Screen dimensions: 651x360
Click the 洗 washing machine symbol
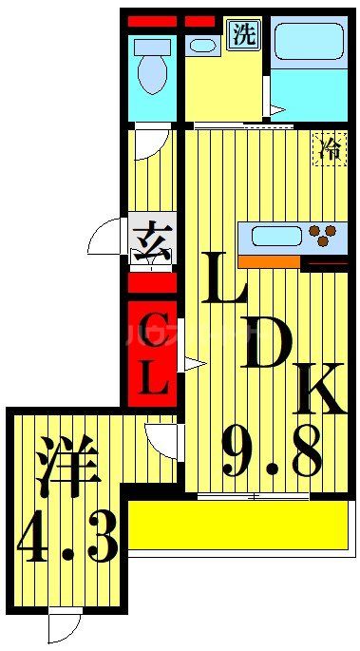tap(245, 36)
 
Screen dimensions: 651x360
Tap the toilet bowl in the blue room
tap(151, 66)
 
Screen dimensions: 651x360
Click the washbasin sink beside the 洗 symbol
tap(202, 44)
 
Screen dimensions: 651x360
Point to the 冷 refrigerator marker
tap(331, 148)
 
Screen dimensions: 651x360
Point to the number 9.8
tap(271, 451)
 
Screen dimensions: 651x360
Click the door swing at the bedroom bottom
tap(65, 628)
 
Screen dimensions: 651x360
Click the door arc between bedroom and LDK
tap(161, 439)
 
